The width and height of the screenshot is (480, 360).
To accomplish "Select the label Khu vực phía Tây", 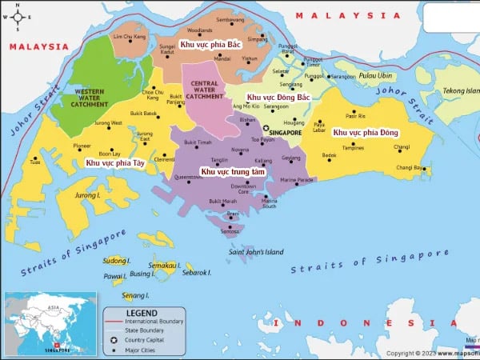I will pyautogui.click(x=115, y=162).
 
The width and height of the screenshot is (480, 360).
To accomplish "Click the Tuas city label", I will pyautogui.click(x=34, y=162).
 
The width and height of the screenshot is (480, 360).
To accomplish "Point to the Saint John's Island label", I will pyautogui.click(x=256, y=252).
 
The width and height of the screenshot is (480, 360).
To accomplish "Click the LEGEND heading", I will pyautogui.click(x=142, y=312).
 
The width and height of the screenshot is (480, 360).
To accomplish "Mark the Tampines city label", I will pyautogui.click(x=353, y=148).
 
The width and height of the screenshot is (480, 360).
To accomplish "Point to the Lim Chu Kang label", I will pyautogui.click(x=130, y=38).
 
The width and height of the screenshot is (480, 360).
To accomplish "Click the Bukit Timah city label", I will pyautogui.click(x=198, y=142).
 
